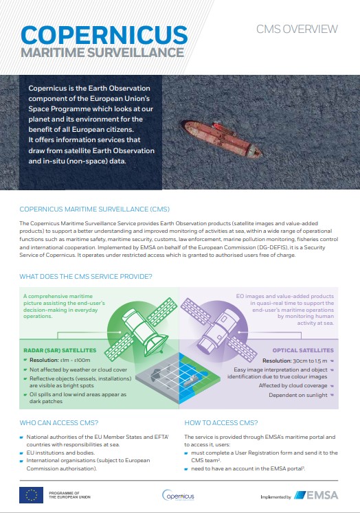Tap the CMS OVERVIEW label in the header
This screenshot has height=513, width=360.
(297, 29)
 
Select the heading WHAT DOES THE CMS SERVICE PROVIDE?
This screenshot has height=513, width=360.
(86, 276)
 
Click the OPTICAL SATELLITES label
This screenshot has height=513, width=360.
(303, 350)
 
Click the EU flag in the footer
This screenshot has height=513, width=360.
(31, 494)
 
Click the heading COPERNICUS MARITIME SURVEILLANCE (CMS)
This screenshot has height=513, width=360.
(95, 209)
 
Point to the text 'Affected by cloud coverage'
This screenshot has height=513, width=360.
(296, 386)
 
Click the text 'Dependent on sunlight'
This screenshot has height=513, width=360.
(303, 396)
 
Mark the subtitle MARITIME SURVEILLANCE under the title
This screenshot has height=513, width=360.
(102, 52)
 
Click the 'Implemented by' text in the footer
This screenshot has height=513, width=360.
(275, 496)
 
